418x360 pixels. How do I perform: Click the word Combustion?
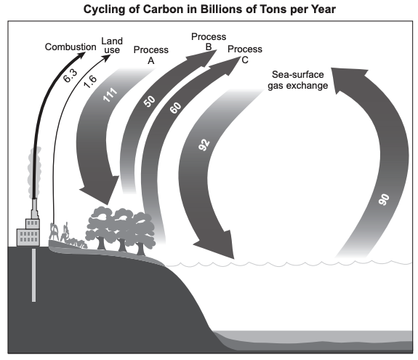tap(71, 47)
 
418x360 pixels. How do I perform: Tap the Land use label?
tap(112, 45)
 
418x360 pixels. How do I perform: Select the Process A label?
tap(151, 55)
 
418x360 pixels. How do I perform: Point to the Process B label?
tap(209, 41)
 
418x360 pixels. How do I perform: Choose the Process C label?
tap(245, 54)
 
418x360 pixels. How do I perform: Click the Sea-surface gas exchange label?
tap(298, 80)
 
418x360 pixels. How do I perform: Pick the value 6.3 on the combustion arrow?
tap(70, 76)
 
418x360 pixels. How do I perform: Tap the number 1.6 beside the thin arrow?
tap(90, 81)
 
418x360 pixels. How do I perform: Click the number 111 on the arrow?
tap(110, 95)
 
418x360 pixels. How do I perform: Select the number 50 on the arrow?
tap(149, 101)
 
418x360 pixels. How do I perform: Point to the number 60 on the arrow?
tap(176, 108)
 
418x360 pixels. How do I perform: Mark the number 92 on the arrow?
tap(204, 145)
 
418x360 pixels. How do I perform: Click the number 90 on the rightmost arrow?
tap(384, 200)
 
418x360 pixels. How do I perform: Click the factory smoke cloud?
tap(35, 172)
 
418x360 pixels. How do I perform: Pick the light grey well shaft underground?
tap(34, 275)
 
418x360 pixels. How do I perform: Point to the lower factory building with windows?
tap(28, 237)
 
